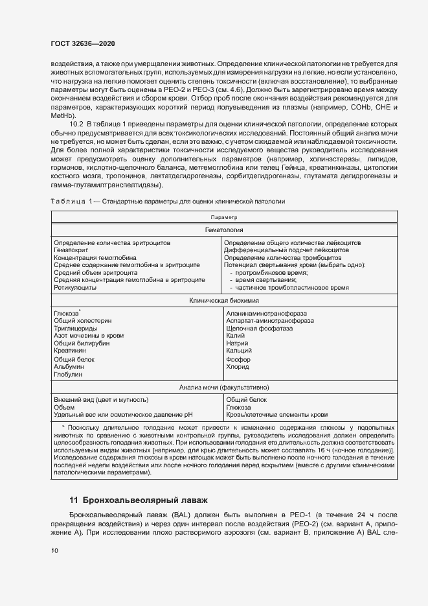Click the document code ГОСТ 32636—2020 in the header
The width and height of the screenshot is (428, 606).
83,43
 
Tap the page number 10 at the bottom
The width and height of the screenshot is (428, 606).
54,550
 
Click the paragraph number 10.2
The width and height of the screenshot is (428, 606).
77,123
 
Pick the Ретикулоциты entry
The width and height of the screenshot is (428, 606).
75,287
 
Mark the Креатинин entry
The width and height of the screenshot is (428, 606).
71,349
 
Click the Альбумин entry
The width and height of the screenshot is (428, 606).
69,366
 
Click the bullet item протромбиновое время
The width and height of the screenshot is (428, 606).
271,272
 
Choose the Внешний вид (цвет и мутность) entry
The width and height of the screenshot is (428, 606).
101,399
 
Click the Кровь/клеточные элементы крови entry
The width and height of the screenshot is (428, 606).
276,415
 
